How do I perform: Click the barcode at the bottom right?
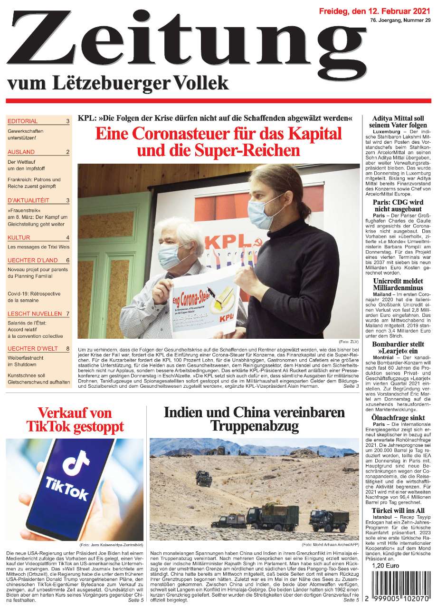398,587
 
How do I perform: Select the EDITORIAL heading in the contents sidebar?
23,121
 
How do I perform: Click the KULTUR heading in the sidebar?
19,237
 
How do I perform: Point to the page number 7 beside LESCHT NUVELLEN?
68,314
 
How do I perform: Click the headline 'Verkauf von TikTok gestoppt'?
75,419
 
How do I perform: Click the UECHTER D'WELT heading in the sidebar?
33,349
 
